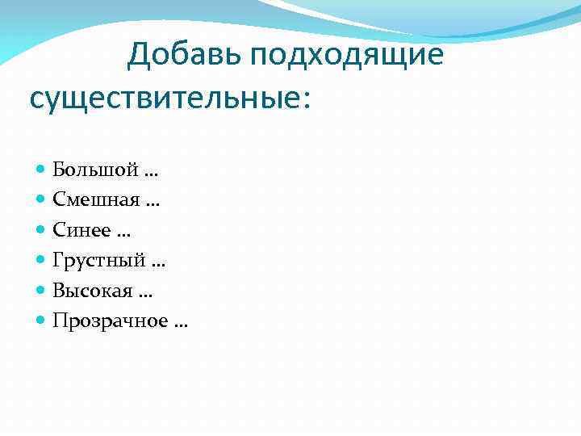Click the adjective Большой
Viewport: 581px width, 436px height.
click(93, 170)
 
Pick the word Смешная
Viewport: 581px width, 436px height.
click(94, 199)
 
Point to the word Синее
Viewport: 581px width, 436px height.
click(79, 230)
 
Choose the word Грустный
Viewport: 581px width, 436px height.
click(98, 261)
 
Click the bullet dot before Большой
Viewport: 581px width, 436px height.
click(42, 170)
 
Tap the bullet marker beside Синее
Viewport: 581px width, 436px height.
click(42, 231)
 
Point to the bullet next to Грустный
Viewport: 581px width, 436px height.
click(42, 261)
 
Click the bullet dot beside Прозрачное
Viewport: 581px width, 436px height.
click(42, 321)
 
